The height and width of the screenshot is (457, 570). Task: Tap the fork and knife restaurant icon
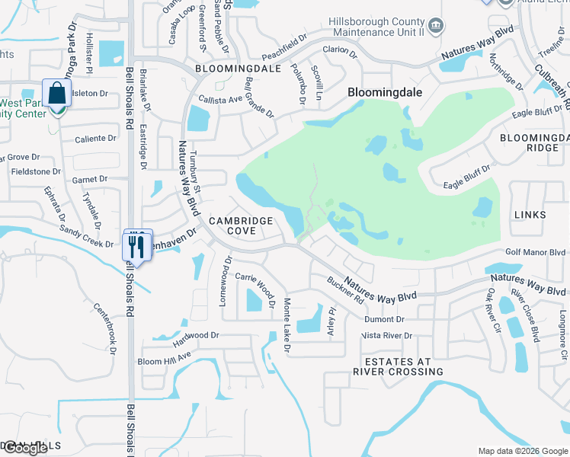(137, 246)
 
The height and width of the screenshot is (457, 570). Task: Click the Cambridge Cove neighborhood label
(242, 225)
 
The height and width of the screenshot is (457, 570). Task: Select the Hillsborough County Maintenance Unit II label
(376, 27)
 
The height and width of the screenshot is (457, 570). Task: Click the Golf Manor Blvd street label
(536, 252)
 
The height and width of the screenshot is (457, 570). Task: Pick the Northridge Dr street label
(506, 72)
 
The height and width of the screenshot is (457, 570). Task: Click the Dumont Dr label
(389, 320)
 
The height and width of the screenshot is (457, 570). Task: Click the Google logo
(25, 448)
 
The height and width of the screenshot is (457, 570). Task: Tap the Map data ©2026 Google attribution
(523, 451)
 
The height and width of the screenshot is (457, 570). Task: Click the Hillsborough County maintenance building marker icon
(435, 27)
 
